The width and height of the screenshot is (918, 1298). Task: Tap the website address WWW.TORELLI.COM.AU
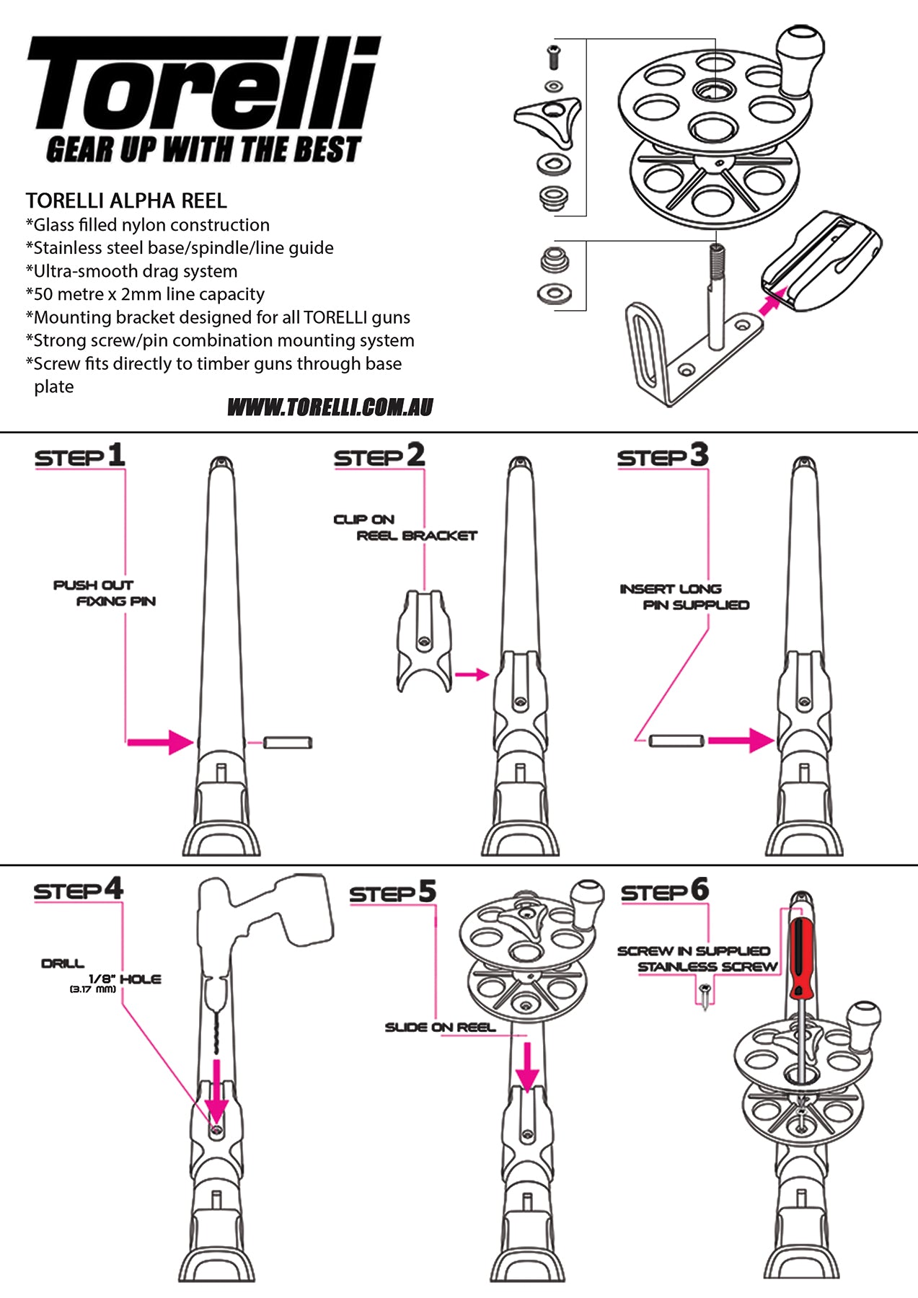(330, 407)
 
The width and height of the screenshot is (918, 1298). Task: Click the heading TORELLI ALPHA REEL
(126, 200)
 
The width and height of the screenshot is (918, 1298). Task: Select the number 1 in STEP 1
(117, 455)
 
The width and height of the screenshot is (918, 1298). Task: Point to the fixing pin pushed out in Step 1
(287, 742)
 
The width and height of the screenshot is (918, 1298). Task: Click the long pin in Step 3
(676, 741)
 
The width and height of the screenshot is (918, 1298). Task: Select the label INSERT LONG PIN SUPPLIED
(684, 597)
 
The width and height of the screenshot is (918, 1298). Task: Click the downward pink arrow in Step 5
(527, 1066)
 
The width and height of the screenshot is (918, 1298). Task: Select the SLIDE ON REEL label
(440, 1027)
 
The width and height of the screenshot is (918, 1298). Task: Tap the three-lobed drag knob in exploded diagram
(548, 118)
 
